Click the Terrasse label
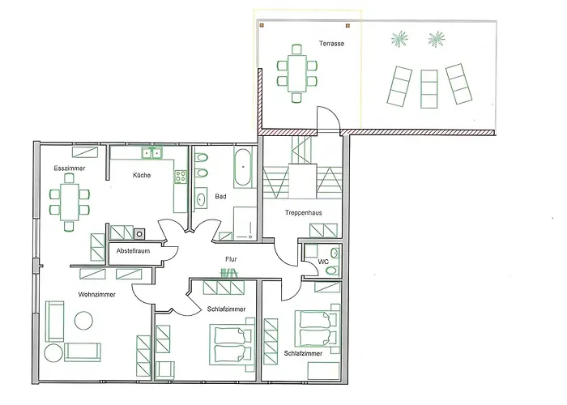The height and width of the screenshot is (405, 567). pyautogui.click(x=331, y=44)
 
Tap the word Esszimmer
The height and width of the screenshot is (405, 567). pyautogui.click(x=70, y=168)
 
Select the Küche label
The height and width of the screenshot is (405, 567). pyautogui.click(x=142, y=175)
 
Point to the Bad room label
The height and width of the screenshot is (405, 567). pyautogui.click(x=220, y=196)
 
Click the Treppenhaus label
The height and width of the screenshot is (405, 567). pyautogui.click(x=304, y=212)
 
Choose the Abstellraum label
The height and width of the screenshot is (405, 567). pyautogui.click(x=133, y=250)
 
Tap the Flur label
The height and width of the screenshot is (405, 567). pyautogui.click(x=231, y=259)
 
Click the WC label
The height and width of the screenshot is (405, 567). pyautogui.click(x=323, y=261)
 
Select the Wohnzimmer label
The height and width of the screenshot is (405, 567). pyautogui.click(x=97, y=294)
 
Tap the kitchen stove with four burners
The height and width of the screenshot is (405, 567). pyautogui.click(x=181, y=177)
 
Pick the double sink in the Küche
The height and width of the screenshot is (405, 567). pyautogui.click(x=151, y=153)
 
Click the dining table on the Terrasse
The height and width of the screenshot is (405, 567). pyautogui.click(x=297, y=74)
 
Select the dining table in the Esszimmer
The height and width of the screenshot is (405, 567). pyautogui.click(x=70, y=202)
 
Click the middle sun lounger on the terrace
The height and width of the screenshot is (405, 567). pyautogui.click(x=429, y=89)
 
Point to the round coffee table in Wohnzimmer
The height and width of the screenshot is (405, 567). pyautogui.click(x=83, y=321)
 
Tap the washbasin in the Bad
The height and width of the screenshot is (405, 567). pyautogui.click(x=202, y=198)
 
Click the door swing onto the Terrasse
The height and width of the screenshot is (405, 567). pyautogui.click(x=328, y=118)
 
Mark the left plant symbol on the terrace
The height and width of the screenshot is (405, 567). pyautogui.click(x=399, y=39)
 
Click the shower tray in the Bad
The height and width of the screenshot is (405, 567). pyautogui.click(x=245, y=223)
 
